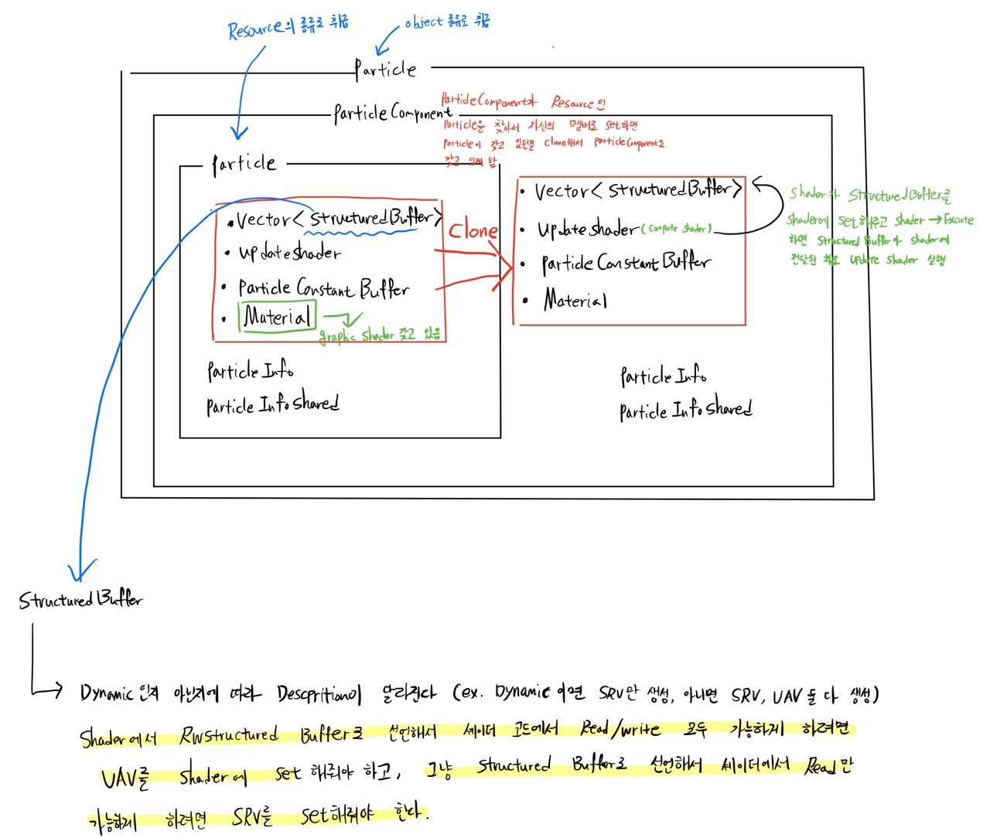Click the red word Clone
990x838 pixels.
tap(473, 230)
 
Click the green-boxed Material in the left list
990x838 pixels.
tap(278, 316)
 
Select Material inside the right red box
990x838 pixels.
tap(575, 299)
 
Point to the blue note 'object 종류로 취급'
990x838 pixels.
tap(447, 22)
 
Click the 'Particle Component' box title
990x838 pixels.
tap(392, 113)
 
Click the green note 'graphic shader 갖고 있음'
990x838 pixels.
tap(380, 335)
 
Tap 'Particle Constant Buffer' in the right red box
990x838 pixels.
tap(625, 263)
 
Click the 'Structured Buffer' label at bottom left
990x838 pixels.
tap(80, 599)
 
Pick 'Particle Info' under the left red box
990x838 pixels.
tap(250, 371)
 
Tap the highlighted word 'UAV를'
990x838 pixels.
tap(125, 776)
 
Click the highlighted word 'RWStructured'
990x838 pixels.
tap(228, 734)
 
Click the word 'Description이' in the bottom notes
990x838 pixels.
tap(319, 693)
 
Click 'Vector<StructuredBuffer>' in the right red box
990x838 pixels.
tap(638, 189)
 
